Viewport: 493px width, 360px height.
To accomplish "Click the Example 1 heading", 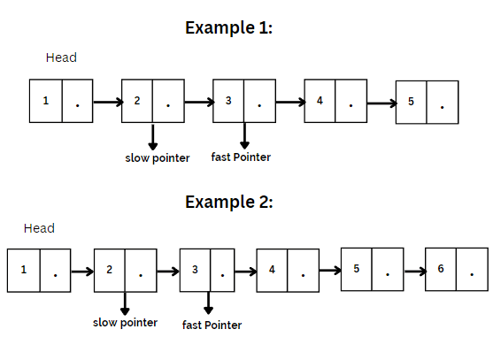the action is click(228, 27).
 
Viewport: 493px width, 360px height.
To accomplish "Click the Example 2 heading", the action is click(229, 202).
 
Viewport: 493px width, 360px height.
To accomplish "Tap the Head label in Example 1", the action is click(61, 57).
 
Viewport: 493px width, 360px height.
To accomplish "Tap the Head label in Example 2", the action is click(39, 228).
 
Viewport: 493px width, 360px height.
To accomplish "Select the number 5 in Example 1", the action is click(411, 102).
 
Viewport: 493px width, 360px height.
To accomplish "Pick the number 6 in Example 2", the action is click(441, 269).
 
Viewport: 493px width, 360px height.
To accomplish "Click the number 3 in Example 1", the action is click(228, 101).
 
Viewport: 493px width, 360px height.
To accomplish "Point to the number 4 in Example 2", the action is click(272, 270).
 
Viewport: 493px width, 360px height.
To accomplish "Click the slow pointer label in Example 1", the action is click(158, 158).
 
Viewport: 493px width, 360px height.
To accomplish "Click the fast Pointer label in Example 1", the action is click(241, 157).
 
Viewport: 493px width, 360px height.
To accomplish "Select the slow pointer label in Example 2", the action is click(125, 323).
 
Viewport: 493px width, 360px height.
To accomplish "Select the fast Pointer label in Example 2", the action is click(212, 325).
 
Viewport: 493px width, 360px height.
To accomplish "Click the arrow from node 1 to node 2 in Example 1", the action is click(108, 102).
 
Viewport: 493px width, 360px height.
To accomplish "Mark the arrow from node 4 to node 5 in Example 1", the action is click(381, 103).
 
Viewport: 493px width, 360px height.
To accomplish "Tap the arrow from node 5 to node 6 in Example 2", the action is click(415, 271).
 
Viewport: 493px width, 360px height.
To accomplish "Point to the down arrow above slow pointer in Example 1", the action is click(153, 137).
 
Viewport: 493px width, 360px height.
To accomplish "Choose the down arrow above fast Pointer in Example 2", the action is click(208, 303).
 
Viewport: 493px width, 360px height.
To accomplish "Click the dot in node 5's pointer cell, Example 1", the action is click(442, 107).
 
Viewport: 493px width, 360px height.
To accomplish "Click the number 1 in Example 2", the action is click(24, 270).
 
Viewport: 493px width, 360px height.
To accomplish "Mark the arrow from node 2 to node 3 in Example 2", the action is click(168, 271).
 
